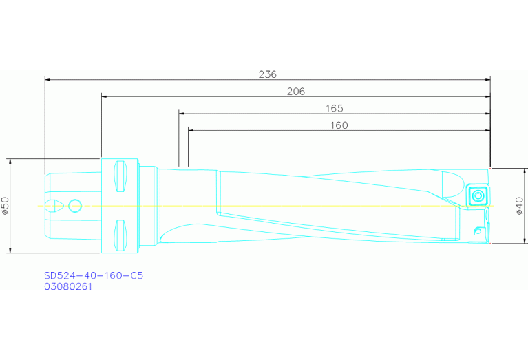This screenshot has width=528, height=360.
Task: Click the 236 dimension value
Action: coord(268,74)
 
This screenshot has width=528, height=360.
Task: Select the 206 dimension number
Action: coord(296,91)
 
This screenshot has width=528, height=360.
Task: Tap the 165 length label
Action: coord(335,108)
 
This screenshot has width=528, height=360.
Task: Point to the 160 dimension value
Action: coord(339,125)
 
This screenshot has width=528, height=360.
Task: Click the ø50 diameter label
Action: coord(6,206)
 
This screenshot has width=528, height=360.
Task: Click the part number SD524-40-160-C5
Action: coord(94,275)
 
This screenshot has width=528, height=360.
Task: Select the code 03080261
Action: coord(68,286)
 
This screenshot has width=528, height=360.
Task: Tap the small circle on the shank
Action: coord(75,205)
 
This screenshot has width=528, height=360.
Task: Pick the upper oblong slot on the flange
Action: coord(121,176)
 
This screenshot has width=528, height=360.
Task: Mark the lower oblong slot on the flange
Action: coord(121,235)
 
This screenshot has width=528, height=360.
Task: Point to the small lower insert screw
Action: coord(479,229)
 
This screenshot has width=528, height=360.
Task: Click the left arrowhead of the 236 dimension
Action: coord(48,79)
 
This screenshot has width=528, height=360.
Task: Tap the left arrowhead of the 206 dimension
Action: coord(105,96)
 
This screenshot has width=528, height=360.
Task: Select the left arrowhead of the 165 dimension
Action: coord(182,114)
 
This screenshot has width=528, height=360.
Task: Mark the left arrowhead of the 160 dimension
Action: coord(191,130)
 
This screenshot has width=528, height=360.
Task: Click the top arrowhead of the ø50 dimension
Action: coord(12,162)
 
